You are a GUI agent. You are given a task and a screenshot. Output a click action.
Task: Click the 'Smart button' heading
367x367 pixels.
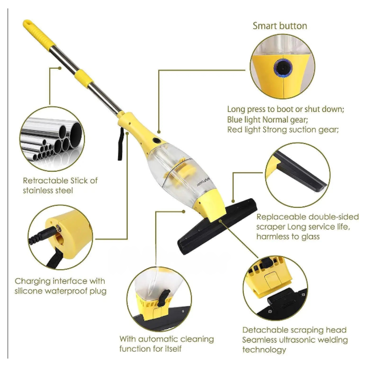(280, 26)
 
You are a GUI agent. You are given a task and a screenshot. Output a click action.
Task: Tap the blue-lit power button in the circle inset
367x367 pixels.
(283, 68)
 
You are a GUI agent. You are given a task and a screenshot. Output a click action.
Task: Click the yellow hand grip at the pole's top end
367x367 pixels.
(38, 34)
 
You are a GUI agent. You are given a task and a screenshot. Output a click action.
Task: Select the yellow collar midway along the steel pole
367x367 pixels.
(84, 77)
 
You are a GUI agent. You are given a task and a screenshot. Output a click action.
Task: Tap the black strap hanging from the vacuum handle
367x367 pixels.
(121, 144)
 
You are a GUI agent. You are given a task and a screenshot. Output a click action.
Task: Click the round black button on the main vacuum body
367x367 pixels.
(157, 141)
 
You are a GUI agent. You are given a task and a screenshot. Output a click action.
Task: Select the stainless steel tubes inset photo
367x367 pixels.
(52, 139)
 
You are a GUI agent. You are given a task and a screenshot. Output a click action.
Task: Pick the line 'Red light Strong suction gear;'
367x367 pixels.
(283, 130)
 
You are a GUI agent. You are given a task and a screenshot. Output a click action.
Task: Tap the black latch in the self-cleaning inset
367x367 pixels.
(163, 298)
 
